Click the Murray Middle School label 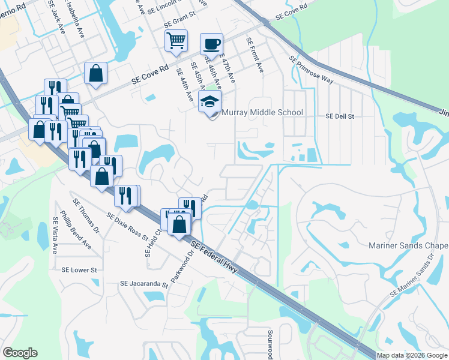pyautogui.click(x=262, y=112)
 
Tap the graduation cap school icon pyautogui.click(x=209, y=101)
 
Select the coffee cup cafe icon pyautogui.click(x=211, y=44)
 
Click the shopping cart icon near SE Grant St pyautogui.click(x=175, y=41)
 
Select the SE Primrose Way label pyautogui.click(x=310, y=71)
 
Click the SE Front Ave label pyautogui.click(x=255, y=56)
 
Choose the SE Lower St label pyautogui.click(x=79, y=270)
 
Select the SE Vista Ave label pyautogui.click(x=54, y=235)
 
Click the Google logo pyautogui.click(x=20, y=353)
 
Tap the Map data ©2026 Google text pyautogui.click(x=412, y=355)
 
